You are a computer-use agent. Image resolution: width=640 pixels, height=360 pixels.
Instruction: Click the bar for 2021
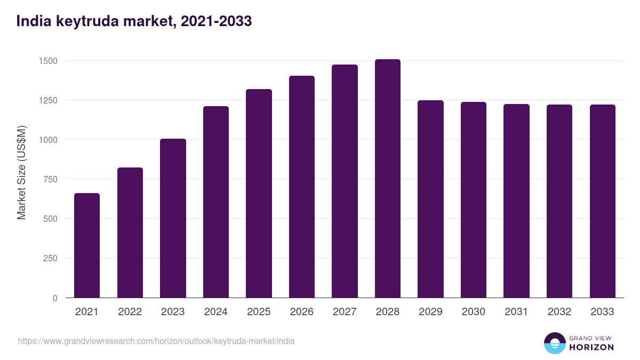click(x=87, y=245)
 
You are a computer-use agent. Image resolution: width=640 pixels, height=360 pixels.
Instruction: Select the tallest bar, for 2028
click(x=388, y=179)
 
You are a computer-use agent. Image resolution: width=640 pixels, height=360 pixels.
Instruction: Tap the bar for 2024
click(x=216, y=202)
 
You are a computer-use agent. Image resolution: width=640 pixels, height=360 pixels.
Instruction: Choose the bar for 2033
click(x=602, y=201)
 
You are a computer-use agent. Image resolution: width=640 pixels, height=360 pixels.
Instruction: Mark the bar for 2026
click(x=302, y=187)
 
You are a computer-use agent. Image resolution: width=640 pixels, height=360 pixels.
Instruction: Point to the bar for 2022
click(x=130, y=233)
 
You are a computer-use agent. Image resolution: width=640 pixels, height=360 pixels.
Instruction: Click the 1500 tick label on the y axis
click(x=48, y=61)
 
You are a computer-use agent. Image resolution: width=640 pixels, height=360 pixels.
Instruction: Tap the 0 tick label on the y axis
click(x=55, y=298)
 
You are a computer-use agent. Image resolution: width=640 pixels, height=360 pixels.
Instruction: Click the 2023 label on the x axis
click(x=173, y=312)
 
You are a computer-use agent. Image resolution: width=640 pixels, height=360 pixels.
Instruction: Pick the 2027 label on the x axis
click(x=345, y=312)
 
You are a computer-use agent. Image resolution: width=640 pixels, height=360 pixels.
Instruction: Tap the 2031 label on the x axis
click(x=516, y=312)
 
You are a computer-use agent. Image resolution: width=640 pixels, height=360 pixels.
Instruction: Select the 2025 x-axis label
click(x=259, y=312)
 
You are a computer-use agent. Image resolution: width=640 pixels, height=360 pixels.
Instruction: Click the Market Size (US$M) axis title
click(x=21, y=172)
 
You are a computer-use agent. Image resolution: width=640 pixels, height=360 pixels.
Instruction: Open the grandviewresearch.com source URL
click(x=156, y=341)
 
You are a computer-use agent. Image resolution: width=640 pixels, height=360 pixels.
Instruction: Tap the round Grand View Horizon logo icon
click(x=554, y=343)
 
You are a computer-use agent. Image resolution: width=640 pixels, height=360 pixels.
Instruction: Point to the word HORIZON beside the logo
click(x=591, y=347)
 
